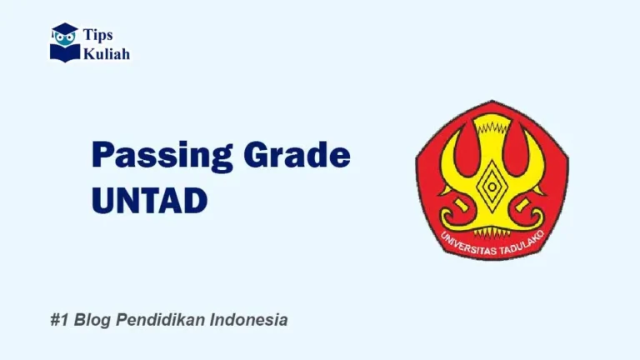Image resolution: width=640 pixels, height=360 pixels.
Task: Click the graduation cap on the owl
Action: tap(64, 30)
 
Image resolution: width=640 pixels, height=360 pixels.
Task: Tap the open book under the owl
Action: tap(64, 52)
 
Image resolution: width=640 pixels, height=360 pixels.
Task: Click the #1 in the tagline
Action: tap(57, 320)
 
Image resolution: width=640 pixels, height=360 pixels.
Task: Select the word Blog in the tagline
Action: tap(92, 320)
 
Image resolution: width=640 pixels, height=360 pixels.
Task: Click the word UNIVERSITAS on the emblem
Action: tap(463, 242)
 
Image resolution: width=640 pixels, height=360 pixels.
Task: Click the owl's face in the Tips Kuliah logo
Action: tap(64, 39)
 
